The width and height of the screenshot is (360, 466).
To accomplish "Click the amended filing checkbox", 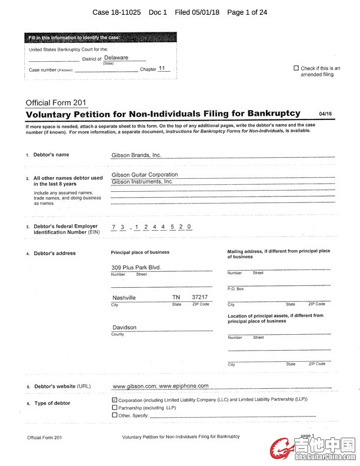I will [x=296, y=68].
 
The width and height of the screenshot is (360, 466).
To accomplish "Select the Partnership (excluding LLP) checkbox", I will [x=114, y=407].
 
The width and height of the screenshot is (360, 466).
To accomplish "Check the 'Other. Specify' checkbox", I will [x=114, y=415].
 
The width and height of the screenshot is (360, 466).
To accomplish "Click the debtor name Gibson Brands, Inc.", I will [x=136, y=155].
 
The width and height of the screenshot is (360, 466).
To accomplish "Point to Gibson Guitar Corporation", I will [x=145, y=175].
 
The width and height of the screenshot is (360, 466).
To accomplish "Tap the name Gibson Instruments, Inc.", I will [x=142, y=182].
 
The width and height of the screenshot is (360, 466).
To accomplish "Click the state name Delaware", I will [x=116, y=58].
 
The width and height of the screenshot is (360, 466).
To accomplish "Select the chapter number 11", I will [x=162, y=68].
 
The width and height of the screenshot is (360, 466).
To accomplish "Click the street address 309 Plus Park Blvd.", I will [x=136, y=267].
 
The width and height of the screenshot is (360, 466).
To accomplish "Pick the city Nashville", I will [x=124, y=298].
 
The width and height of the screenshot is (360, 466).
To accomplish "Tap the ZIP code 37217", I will [x=200, y=297].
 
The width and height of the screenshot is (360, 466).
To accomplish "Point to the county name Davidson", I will [x=124, y=327].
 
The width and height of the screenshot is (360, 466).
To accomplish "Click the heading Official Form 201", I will [x=56, y=103].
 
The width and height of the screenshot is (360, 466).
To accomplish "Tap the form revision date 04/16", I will [x=325, y=114].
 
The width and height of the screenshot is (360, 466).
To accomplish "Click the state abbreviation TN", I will [x=176, y=297].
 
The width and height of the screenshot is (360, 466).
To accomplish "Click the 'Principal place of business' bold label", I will [x=140, y=252].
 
